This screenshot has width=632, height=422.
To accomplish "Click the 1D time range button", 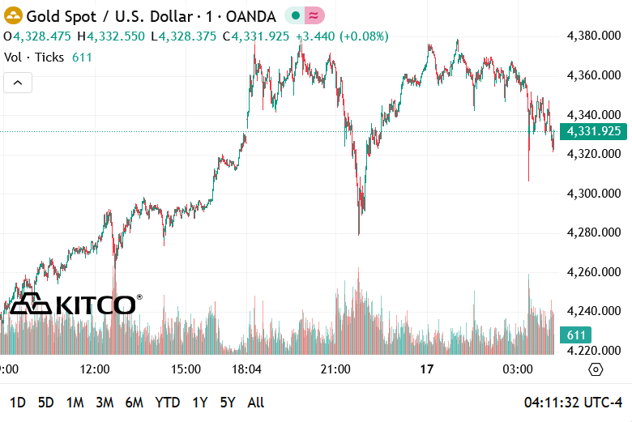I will tap(17, 403).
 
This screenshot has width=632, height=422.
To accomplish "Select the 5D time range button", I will tap(45, 403).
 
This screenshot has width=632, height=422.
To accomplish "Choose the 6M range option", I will tap(135, 403).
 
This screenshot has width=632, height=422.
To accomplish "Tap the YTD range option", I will tap(168, 403).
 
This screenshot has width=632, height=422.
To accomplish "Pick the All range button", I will tap(255, 403).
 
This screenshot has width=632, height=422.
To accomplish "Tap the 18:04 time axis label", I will tap(246, 369).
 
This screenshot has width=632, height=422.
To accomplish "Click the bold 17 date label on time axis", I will tap(426, 369).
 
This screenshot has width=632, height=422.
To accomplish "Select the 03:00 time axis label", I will tap(517, 369).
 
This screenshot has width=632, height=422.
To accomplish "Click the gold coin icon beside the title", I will tap(14, 16).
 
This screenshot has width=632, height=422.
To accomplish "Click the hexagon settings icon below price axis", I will tap(596, 370).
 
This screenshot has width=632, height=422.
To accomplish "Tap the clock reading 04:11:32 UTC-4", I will tap(574, 403).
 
